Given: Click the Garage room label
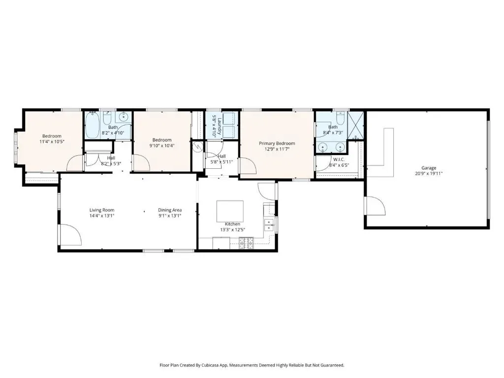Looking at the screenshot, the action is pyautogui.click(x=429, y=168).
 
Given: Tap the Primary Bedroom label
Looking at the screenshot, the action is pyautogui.click(x=277, y=143).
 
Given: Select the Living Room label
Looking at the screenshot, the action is pyautogui.click(x=102, y=210).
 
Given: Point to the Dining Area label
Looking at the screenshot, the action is pyautogui.click(x=170, y=210).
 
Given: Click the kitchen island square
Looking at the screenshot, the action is pyautogui.click(x=230, y=211).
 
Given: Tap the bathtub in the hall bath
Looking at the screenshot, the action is pyautogui.click(x=92, y=125).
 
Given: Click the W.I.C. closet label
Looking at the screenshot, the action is pyautogui.click(x=339, y=159).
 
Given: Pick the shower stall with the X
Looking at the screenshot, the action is pyautogui.click(x=356, y=124).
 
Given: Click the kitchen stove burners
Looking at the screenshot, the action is pyautogui.click(x=246, y=243).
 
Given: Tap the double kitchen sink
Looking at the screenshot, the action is pyautogui.click(x=269, y=224).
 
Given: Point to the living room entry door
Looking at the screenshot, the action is pyautogui.click(x=71, y=235).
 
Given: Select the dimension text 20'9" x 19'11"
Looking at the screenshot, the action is pyautogui.click(x=429, y=174).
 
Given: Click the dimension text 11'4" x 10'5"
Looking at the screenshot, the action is pyautogui.click(x=52, y=141).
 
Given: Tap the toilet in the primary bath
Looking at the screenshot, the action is pyautogui.click(x=340, y=116).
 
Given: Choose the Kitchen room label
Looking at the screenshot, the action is pyautogui.click(x=232, y=224).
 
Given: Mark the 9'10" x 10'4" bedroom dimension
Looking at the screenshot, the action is pyautogui.click(x=162, y=146).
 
